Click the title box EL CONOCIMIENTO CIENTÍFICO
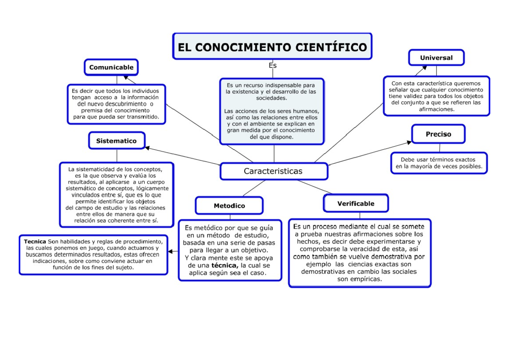[x=272, y=46]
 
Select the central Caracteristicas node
[x=274, y=171]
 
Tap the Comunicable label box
[x=111, y=67]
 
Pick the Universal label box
[x=436, y=58]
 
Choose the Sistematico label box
[x=116, y=141]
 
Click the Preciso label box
[x=438, y=134]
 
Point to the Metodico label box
[x=229, y=206]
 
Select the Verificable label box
[x=355, y=204]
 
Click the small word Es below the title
[x=273, y=66]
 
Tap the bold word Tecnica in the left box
[x=35, y=242]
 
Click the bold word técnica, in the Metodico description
[x=225, y=265]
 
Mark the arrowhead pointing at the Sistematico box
[x=147, y=148]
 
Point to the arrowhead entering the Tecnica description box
[x=171, y=251]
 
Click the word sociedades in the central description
[x=271, y=98]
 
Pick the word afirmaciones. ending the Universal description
[x=436, y=109]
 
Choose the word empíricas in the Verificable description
[x=365, y=279]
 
